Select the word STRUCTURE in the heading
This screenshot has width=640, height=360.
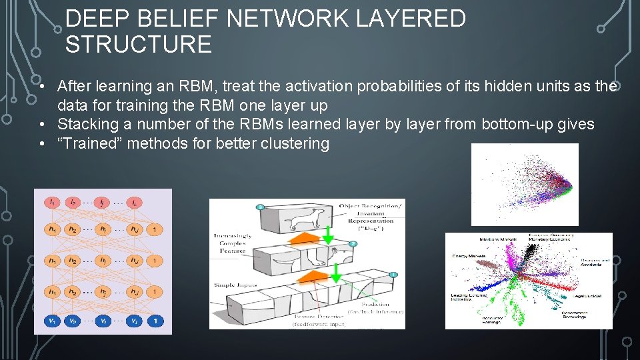coord(139,45)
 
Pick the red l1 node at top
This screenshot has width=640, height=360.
coord(51,201)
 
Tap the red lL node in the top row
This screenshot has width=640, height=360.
coord(135,201)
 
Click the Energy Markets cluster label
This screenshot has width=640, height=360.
coord(469,256)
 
